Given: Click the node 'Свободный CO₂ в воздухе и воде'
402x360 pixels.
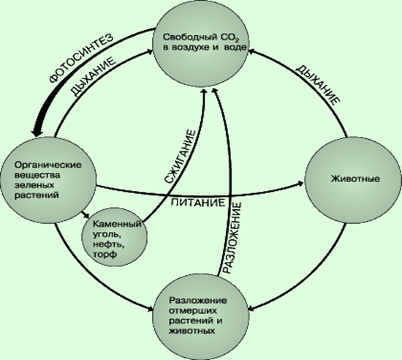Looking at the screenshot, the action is [x=201, y=43].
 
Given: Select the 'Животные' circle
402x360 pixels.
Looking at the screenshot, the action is [x=352, y=179].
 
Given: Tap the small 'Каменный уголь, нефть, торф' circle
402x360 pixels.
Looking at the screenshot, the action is [x=114, y=239].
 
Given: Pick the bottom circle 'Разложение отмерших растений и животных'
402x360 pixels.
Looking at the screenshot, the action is [x=201, y=315].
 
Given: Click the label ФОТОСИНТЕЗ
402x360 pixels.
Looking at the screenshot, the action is [x=81, y=59].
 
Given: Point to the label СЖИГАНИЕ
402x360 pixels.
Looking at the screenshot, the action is [x=180, y=157].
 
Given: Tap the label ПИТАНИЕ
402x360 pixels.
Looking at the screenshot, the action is [x=198, y=203].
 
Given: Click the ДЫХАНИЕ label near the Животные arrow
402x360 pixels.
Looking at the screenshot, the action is [x=317, y=84].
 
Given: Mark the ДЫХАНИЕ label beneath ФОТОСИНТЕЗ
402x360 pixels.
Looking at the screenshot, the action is [x=93, y=77].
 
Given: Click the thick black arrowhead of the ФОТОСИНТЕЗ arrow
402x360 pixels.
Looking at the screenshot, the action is [x=37, y=131].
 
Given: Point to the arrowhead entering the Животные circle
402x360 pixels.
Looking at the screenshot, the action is [x=300, y=183].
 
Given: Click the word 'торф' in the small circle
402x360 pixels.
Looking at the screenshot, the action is [x=105, y=255].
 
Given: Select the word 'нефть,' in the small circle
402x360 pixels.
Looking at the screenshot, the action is [x=109, y=244].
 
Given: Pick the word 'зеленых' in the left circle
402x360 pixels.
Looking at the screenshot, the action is [x=34, y=185].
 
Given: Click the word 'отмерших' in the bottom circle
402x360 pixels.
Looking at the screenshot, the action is [x=193, y=310].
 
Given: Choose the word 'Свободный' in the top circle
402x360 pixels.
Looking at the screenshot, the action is [x=190, y=37].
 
